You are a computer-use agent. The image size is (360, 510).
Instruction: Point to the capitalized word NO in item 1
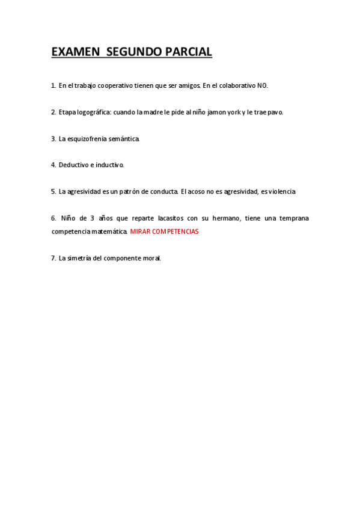tap(262, 86)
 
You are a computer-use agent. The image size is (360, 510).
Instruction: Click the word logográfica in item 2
tap(93, 112)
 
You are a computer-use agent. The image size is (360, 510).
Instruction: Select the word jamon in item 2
tap(218, 112)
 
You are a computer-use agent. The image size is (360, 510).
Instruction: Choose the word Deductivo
tap(72, 165)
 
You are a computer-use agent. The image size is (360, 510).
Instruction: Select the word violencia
tap(282, 192)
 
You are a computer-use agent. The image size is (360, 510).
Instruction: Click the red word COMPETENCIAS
tap(176, 232)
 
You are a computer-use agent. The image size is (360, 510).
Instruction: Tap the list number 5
tap(53, 192)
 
